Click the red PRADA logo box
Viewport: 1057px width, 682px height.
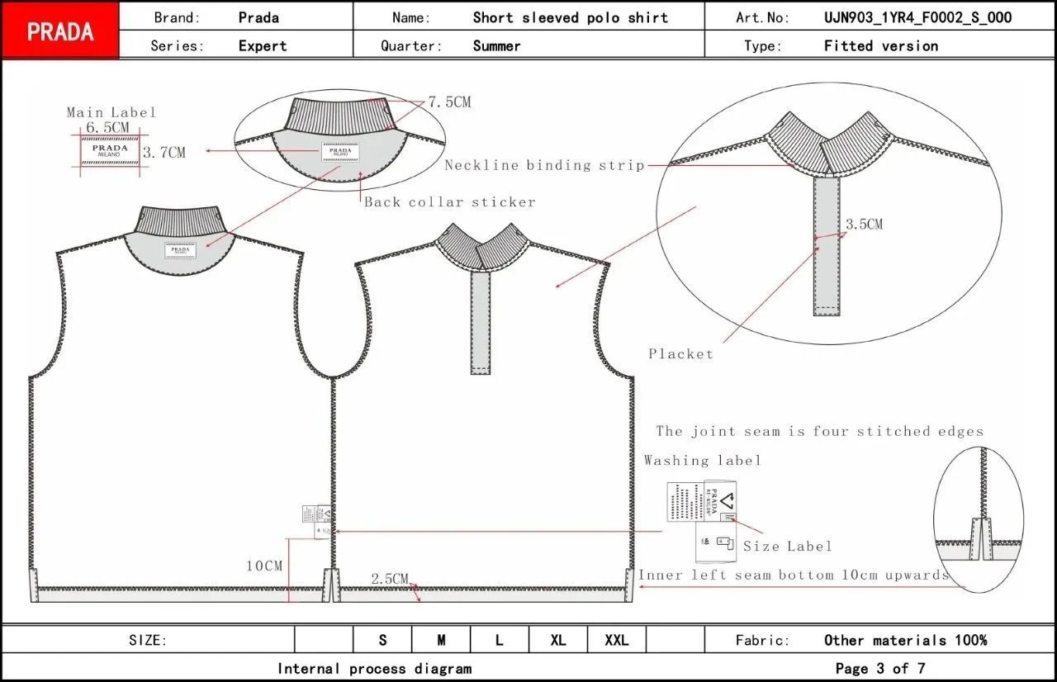tap(60, 31)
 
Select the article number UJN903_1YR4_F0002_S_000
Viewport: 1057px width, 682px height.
tap(917, 17)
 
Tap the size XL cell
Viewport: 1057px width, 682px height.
tap(558, 640)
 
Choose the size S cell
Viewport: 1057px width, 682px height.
tap(382, 640)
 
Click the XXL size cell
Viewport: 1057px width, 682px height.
tap(616, 640)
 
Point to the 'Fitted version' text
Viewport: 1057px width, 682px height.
tap(880, 46)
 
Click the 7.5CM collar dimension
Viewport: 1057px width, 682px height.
tap(449, 102)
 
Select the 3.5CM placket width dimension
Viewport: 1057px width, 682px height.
tap(864, 224)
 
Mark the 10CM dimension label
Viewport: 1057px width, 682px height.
tap(264, 566)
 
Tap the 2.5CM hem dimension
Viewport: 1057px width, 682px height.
tap(390, 579)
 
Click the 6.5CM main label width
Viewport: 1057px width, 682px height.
tap(108, 127)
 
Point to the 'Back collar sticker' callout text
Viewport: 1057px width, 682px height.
tap(450, 202)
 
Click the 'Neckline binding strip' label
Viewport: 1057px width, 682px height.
tap(544, 165)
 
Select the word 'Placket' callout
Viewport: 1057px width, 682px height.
tap(680, 353)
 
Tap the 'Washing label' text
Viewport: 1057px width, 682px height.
tap(702, 461)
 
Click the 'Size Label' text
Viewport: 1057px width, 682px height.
tap(787, 546)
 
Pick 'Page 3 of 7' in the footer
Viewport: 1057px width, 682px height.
tap(880, 668)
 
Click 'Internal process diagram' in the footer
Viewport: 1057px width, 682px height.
tap(374, 668)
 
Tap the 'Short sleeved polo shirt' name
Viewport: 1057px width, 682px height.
tap(570, 17)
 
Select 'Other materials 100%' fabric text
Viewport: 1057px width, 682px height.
tap(905, 640)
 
